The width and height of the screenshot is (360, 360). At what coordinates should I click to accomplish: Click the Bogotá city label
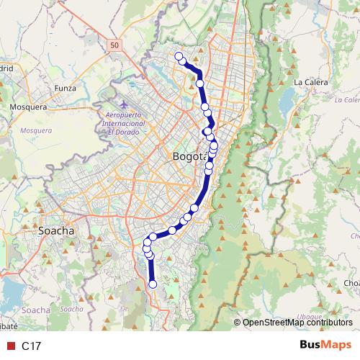tap(190, 156)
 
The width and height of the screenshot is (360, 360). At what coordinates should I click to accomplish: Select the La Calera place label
tap(310, 82)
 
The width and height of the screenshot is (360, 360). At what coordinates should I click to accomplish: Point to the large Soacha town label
tap(55, 231)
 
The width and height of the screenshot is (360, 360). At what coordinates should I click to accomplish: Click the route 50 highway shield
tap(116, 45)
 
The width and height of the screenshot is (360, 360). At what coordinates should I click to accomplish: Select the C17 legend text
tap(30, 346)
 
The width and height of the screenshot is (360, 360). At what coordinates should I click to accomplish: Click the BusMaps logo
tap(326, 346)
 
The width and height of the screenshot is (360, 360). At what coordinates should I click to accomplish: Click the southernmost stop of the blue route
tap(153, 284)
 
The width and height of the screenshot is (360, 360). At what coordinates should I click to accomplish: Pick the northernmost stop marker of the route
tap(179, 55)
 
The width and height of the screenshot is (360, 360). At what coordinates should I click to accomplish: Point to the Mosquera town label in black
tap(28, 107)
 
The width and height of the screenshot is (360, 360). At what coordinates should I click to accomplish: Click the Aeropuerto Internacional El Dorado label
tap(126, 123)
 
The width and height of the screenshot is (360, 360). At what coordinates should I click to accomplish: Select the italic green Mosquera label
tap(36, 131)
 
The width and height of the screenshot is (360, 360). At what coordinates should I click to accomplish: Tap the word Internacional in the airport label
tap(127, 123)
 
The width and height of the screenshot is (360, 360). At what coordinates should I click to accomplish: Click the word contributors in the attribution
tap(328, 323)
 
